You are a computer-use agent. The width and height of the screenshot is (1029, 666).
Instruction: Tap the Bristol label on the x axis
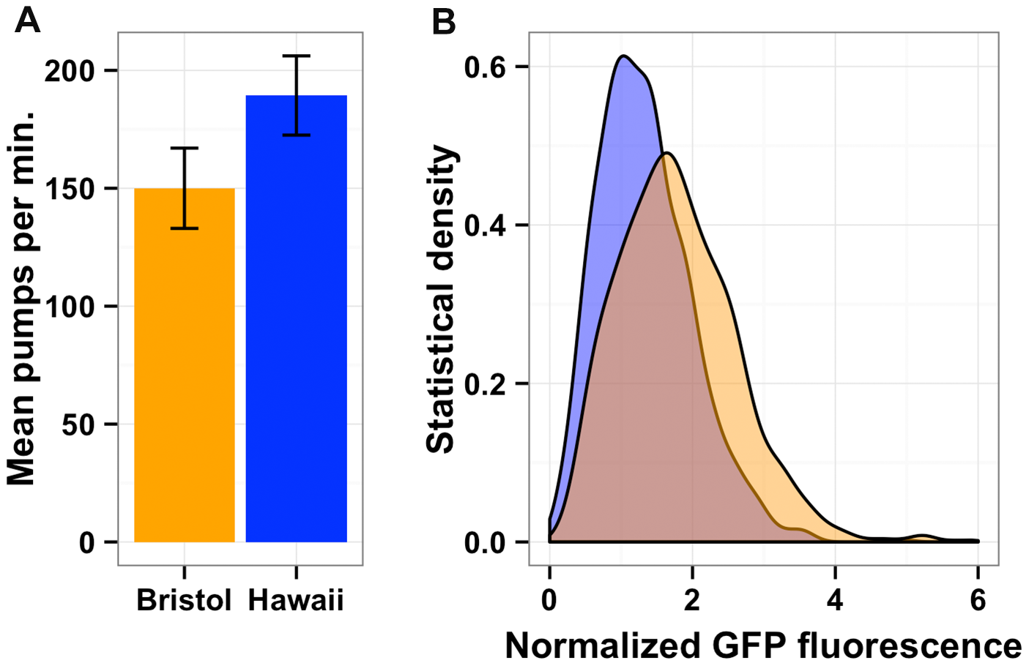pyautogui.click(x=184, y=600)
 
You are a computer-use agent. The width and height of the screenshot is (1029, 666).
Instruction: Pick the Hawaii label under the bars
pyautogui.click(x=296, y=600)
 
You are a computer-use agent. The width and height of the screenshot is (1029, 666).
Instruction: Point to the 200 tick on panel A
pyautogui.click(x=70, y=71)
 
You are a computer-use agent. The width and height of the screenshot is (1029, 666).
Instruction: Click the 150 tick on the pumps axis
pyautogui.click(x=70, y=189)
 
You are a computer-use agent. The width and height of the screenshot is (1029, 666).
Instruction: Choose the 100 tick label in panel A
pyautogui.click(x=70, y=307)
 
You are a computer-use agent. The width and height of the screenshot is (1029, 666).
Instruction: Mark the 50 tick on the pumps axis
pyautogui.click(x=79, y=424)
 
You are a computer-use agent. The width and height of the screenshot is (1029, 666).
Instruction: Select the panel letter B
pyautogui.click(x=444, y=22)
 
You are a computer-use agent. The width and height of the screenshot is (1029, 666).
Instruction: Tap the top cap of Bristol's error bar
pyautogui.click(x=185, y=149)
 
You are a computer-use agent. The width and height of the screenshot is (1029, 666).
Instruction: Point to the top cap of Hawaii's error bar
pyautogui.click(x=296, y=56)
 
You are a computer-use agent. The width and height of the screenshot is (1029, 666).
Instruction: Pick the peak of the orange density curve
pyautogui.click(x=666, y=153)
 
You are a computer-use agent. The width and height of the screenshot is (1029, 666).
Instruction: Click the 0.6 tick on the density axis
pyautogui.click(x=486, y=67)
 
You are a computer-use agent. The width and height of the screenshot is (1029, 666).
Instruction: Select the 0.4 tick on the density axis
pyautogui.click(x=486, y=225)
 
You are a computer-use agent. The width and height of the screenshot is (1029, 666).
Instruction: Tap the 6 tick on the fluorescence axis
pyautogui.click(x=978, y=600)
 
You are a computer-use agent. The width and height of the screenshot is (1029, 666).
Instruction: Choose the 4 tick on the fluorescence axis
pyautogui.click(x=835, y=600)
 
